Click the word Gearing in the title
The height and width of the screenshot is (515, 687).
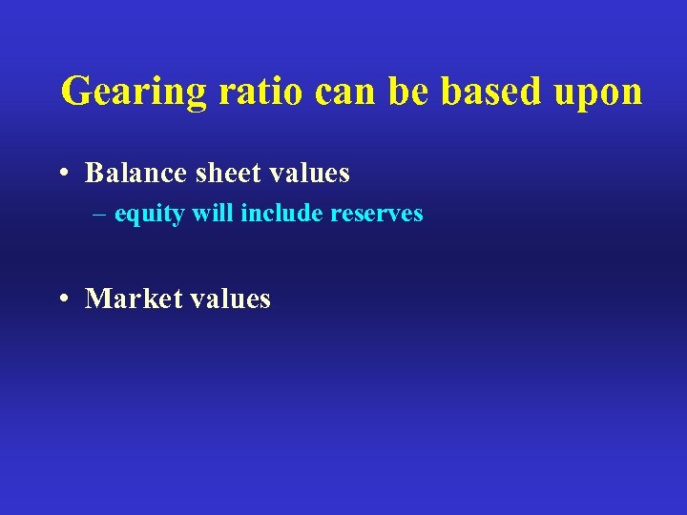135,93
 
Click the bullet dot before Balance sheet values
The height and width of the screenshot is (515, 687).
62,174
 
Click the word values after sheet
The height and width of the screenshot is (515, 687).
309,173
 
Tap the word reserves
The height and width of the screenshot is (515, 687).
376,214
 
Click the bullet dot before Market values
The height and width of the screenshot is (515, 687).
62,299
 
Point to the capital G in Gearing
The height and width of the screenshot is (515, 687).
76,92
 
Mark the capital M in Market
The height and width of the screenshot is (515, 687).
98,299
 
